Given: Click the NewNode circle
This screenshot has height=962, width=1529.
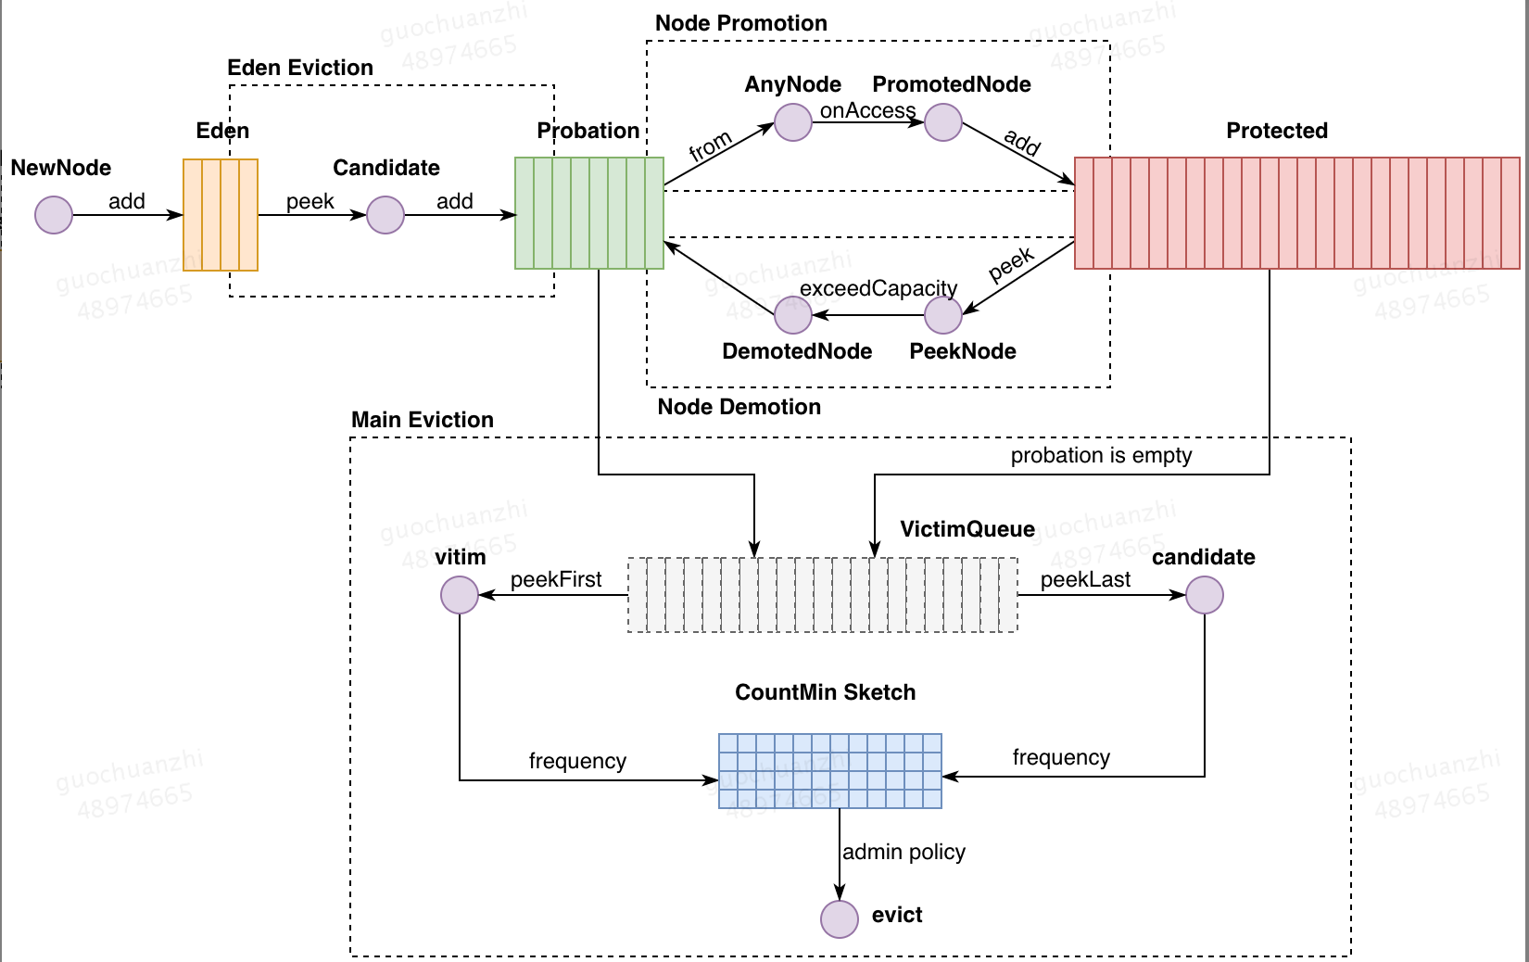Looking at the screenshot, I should coord(54,215).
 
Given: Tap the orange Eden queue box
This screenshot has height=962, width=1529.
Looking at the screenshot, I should coord(221,215).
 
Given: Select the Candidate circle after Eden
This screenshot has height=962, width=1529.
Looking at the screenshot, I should coord(385,215).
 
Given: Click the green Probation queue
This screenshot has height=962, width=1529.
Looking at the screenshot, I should coord(589,213).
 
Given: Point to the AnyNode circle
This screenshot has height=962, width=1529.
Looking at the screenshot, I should coord(793,122).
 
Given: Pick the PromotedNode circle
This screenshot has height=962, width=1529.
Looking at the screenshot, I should coord(943,122).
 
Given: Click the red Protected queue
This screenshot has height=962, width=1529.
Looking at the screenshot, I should coord(1296,213).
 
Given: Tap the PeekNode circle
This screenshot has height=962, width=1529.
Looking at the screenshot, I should coord(943,315).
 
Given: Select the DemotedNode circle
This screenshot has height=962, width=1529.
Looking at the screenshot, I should coord(793,315).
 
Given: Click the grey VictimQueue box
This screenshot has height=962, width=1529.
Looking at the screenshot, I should coord(823,595).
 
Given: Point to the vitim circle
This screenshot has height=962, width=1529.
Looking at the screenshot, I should coord(460,595).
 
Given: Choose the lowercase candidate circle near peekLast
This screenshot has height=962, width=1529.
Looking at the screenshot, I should coord(1205,595).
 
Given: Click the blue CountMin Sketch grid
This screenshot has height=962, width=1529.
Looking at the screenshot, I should coord(830,771).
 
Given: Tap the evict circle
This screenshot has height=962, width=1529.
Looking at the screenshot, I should coord(840,919).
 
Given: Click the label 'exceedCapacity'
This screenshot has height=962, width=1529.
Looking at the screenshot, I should coord(878,288).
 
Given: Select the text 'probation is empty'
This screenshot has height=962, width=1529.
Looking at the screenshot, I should coord(1101,455).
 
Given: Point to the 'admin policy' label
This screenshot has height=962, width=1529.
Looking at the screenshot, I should coord(903,852).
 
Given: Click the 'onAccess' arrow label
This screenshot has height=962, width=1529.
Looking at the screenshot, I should coord(867,110).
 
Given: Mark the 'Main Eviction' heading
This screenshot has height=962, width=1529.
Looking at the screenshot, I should coord(423,420).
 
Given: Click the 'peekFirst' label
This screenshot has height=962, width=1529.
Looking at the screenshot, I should coord(556,579).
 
